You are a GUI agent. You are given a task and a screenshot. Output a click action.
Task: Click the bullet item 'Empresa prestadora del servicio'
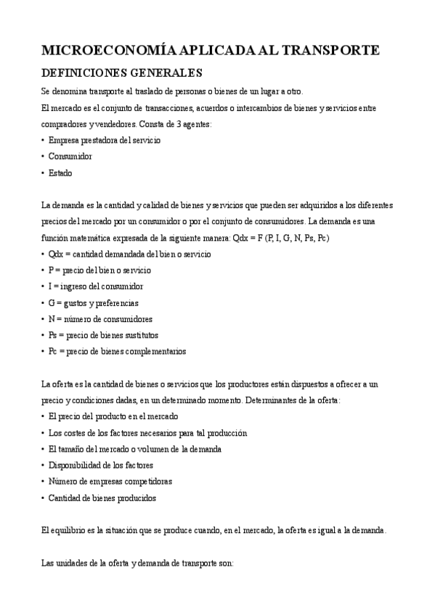pyautogui.click(x=105, y=139)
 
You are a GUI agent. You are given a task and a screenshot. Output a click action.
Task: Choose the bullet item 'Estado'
pyautogui.click(x=60, y=173)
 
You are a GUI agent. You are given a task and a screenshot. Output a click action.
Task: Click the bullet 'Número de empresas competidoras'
pyautogui.click(x=110, y=482)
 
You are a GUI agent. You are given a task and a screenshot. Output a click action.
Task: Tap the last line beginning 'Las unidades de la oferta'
pyautogui.click(x=137, y=563)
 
